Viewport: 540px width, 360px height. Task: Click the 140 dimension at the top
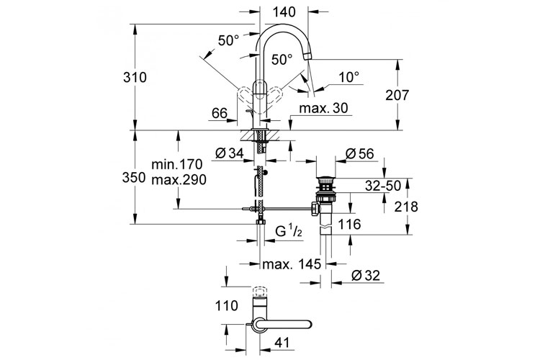[284, 12]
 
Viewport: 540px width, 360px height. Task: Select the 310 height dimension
[135, 78]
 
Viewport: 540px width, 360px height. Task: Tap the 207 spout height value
[397, 95]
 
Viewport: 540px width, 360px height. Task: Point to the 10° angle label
[349, 77]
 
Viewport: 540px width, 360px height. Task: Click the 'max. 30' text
[324, 108]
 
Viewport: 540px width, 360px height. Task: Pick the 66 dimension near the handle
[220, 113]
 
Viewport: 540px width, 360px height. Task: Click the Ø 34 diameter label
[230, 153]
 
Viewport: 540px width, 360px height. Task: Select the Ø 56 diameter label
[359, 153]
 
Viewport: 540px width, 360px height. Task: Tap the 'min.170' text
[177, 164]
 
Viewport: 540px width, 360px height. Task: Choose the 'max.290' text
[179, 179]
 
